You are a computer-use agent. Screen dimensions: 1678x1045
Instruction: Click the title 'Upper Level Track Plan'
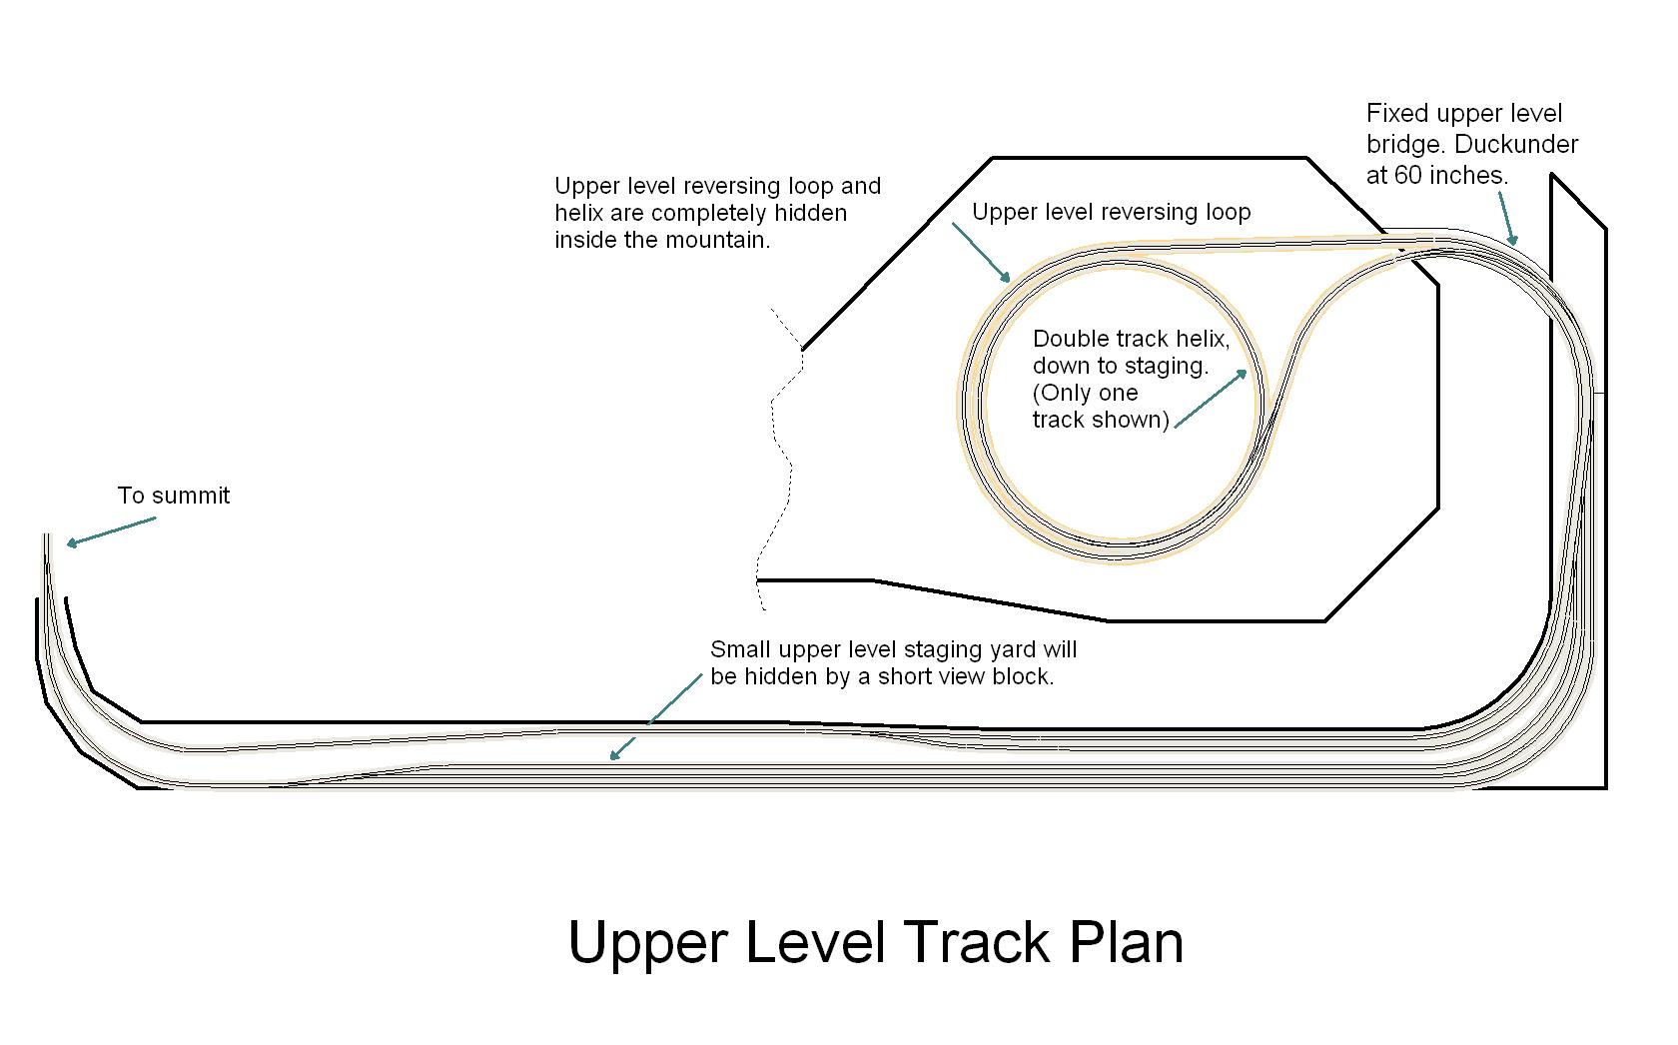click(875, 943)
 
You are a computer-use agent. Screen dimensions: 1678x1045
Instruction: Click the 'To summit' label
click(173, 496)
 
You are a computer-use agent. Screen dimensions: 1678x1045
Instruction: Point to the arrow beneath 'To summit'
click(111, 531)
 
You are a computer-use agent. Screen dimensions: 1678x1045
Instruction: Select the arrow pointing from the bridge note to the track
click(1508, 218)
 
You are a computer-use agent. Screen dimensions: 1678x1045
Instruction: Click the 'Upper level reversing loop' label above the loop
click(1111, 213)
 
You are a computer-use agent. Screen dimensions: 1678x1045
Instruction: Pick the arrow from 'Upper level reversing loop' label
click(981, 253)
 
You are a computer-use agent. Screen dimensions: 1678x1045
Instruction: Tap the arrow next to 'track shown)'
click(1211, 399)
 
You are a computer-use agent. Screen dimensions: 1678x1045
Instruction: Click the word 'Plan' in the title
click(1127, 943)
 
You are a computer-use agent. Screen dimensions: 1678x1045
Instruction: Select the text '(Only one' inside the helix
click(1085, 394)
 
